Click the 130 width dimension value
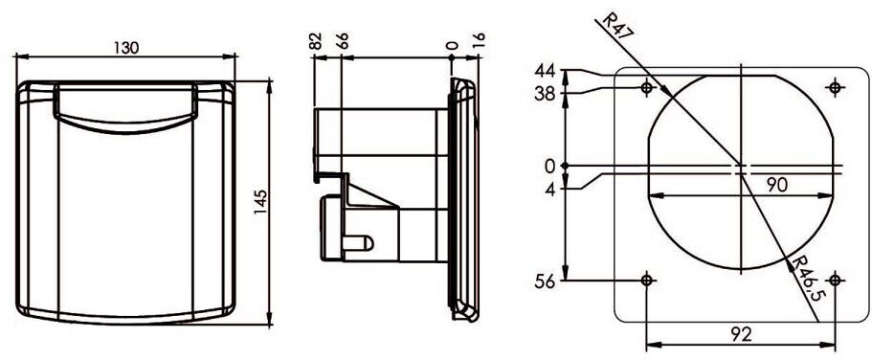tap(126, 48)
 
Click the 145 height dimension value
tap(261, 203)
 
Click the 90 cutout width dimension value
tap(777, 185)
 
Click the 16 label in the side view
tap(479, 42)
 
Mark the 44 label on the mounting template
tap(545, 71)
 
